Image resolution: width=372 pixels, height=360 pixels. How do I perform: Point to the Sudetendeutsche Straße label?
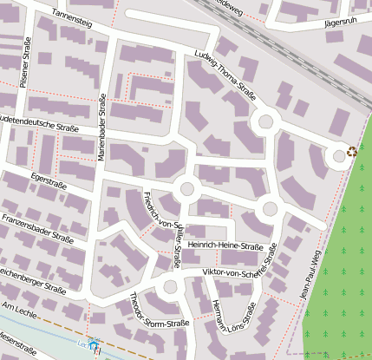[x=38, y=124]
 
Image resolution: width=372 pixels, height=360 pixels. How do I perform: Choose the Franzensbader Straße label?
[x=37, y=226]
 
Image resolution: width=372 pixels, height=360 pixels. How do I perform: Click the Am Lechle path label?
[x=21, y=310]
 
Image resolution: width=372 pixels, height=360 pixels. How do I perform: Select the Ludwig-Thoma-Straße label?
[x=225, y=76]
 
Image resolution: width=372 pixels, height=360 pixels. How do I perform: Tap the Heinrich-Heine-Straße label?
[x=225, y=247]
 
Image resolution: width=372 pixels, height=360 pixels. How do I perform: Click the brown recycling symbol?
[x=352, y=151]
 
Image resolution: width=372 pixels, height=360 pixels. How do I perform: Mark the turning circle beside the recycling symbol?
[x=336, y=156]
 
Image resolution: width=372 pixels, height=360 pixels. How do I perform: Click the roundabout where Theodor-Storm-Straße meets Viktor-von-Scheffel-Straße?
[x=170, y=286]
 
